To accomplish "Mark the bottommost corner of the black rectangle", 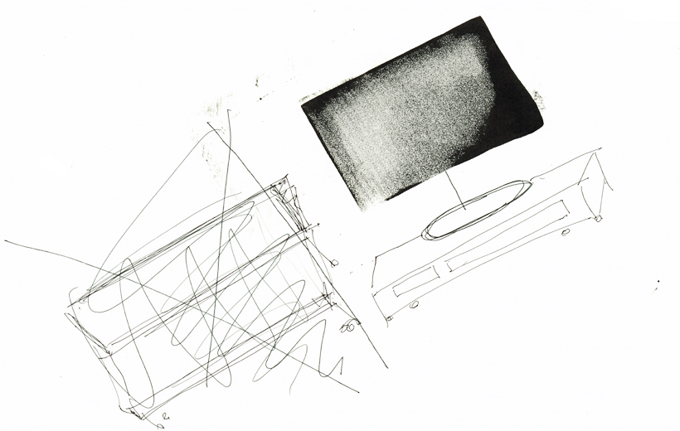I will pos(366,211).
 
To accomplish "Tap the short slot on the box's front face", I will pos(410,285).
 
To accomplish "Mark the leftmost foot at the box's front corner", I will pos(390,316).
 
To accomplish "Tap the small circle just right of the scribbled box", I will pos(334,263).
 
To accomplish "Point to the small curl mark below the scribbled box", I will pos(165,414).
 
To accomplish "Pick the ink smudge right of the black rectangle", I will pos(538,100).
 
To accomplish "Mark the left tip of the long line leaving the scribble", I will pos(5,241).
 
